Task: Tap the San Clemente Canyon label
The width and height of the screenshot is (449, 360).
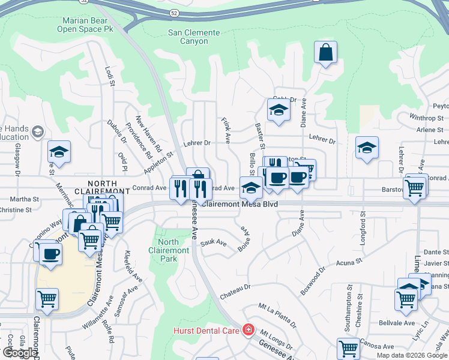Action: (188, 37)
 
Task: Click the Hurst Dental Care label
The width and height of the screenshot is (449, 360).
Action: (207, 331)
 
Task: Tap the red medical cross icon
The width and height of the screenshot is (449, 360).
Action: (248, 330)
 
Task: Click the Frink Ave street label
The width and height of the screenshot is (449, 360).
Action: (227, 130)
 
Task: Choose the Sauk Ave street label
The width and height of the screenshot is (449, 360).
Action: (214, 243)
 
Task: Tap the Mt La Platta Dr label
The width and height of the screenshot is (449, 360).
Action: (277, 315)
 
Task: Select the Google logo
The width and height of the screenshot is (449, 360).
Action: (20, 353)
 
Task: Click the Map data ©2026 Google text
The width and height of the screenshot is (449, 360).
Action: (412, 355)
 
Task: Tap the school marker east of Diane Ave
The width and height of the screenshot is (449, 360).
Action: (366, 148)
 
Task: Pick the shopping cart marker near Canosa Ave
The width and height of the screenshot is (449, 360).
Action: (348, 348)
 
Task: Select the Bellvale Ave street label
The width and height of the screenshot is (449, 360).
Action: (397, 323)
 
